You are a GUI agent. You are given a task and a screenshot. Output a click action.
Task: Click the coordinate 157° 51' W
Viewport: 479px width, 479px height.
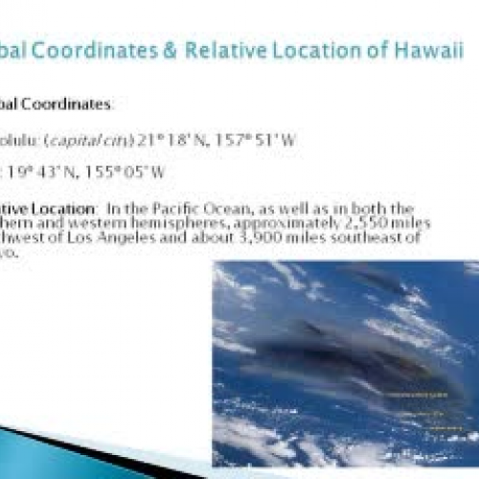263,139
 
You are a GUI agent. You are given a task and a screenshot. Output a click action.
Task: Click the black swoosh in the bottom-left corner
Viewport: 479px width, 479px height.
57,458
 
